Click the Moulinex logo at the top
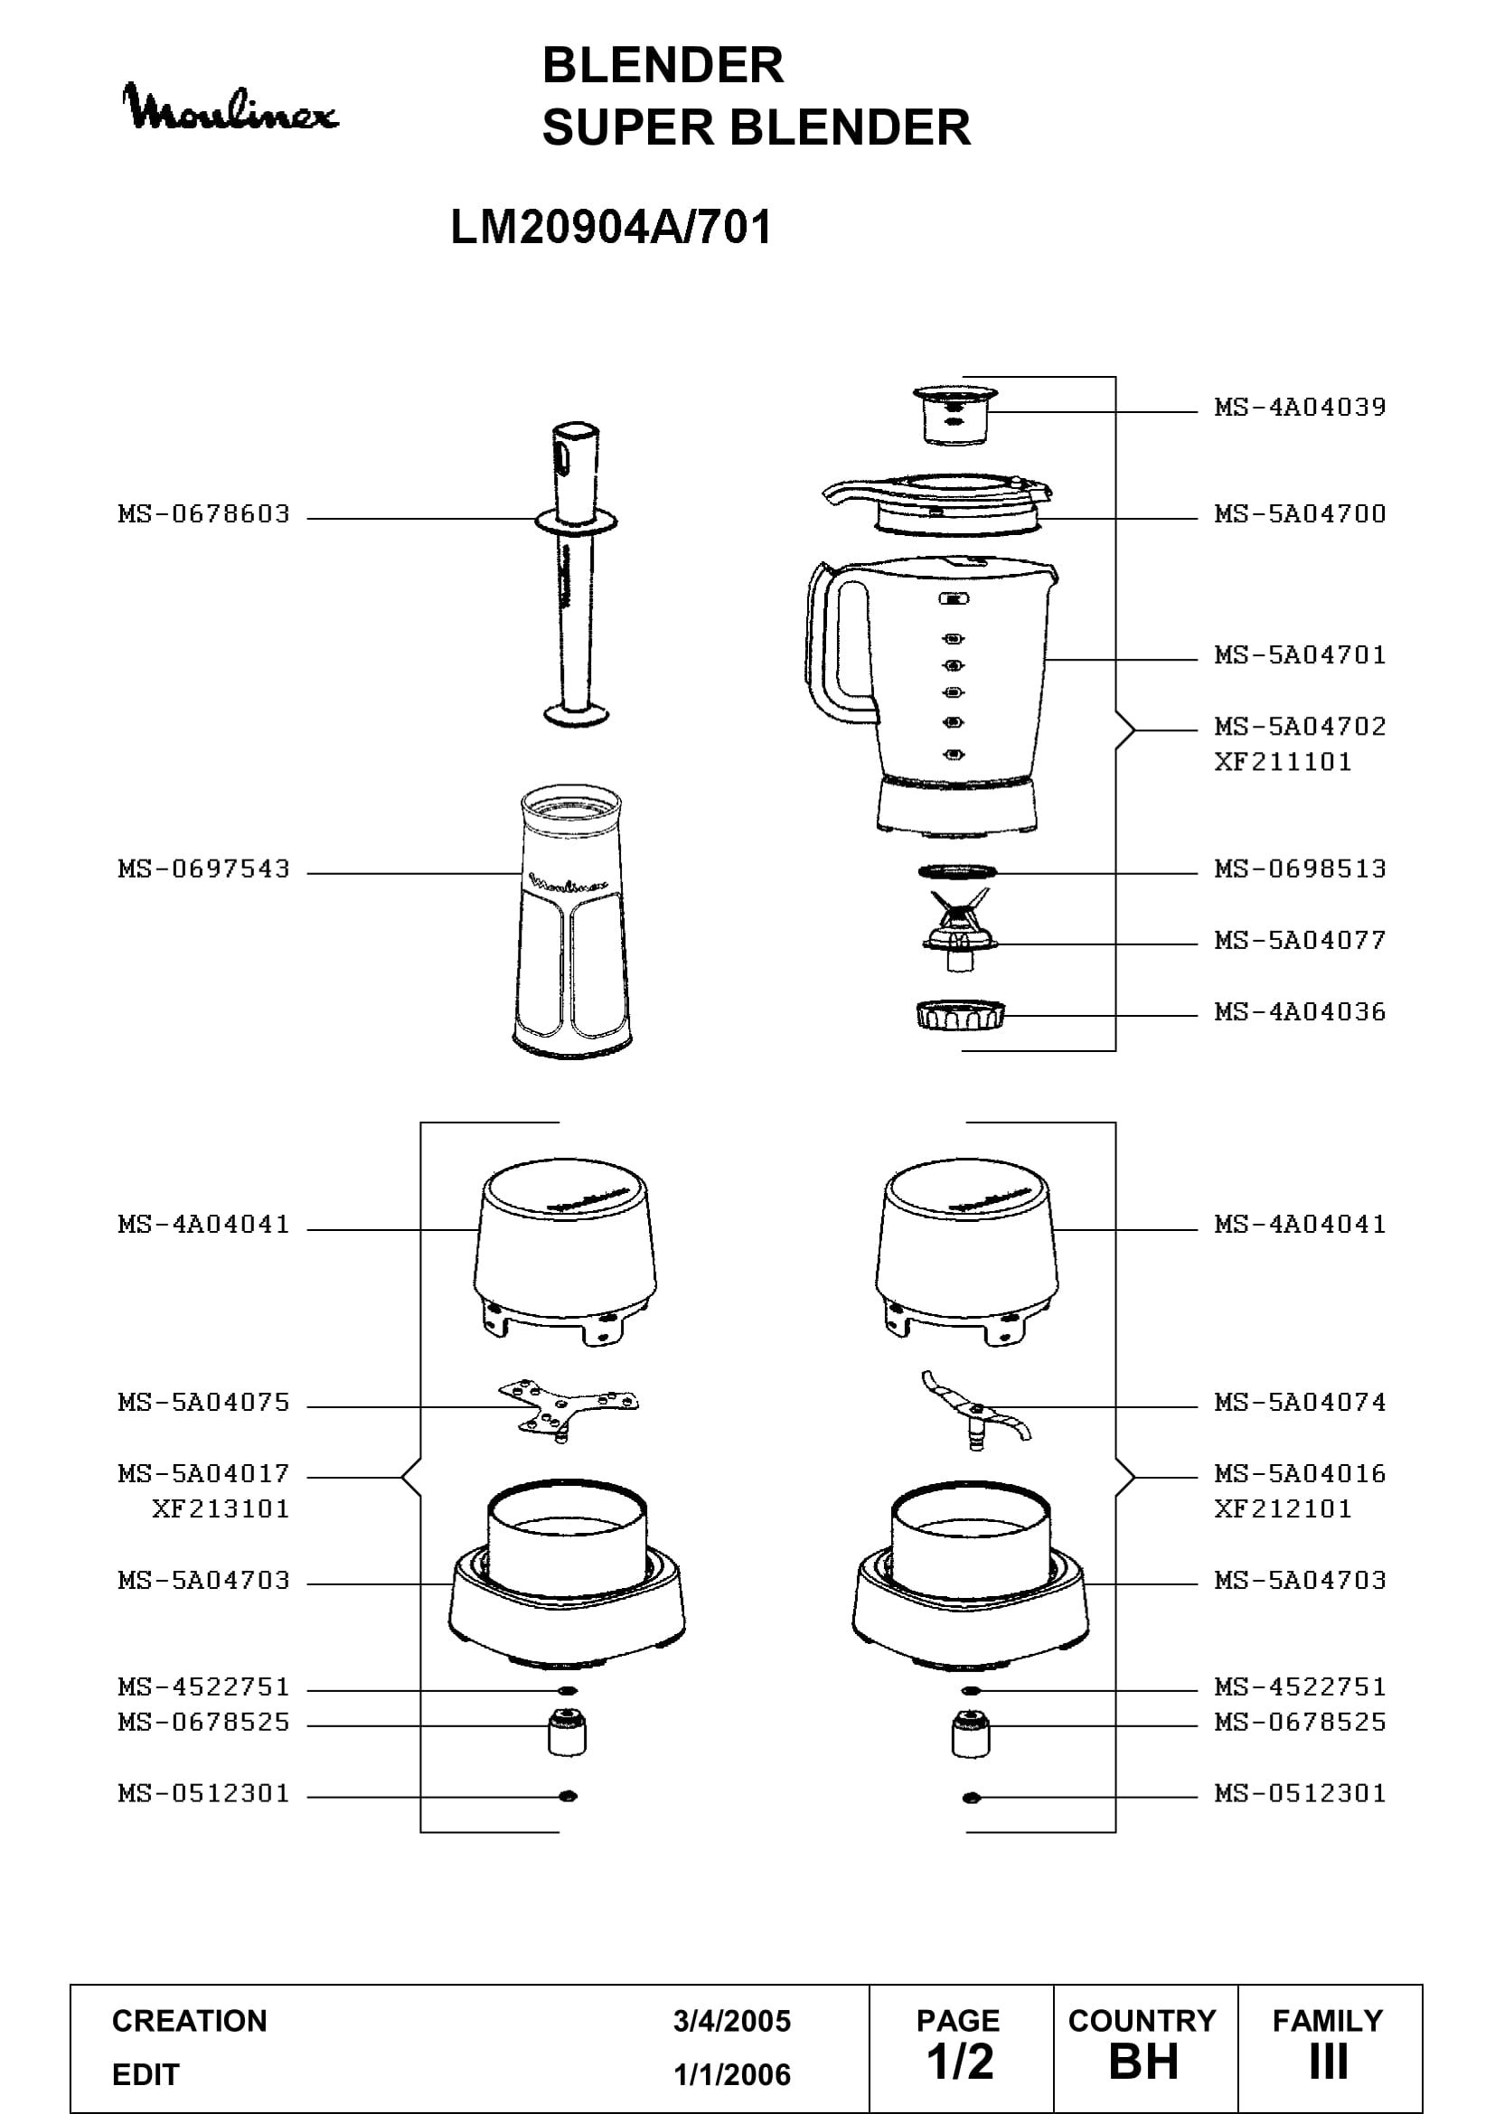[230, 108]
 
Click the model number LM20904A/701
[611, 227]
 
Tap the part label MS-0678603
[203, 513]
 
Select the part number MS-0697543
[203, 869]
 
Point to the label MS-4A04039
[1300, 407]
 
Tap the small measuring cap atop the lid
[955, 415]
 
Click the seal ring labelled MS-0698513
[957, 871]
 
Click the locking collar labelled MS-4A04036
[960, 1016]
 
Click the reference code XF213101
[221, 1509]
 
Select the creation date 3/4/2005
[732, 2021]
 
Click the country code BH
[1143, 2062]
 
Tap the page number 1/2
[960, 2062]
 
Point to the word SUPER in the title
[628, 127]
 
